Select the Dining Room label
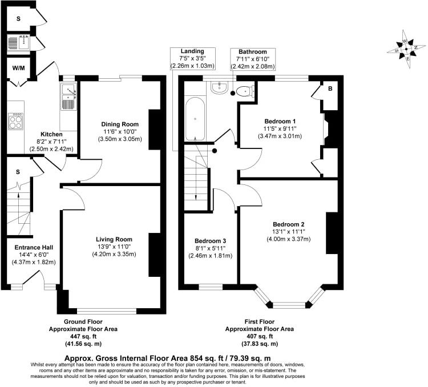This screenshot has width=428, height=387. tap(120, 124)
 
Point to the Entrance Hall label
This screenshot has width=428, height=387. tap(34, 248)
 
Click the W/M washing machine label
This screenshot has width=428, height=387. tap(18, 69)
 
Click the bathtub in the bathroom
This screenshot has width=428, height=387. tap(195, 119)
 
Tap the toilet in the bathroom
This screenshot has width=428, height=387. tap(244, 90)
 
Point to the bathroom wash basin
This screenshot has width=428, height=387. tap(219, 88)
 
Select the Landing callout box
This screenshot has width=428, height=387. tap(192, 59)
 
